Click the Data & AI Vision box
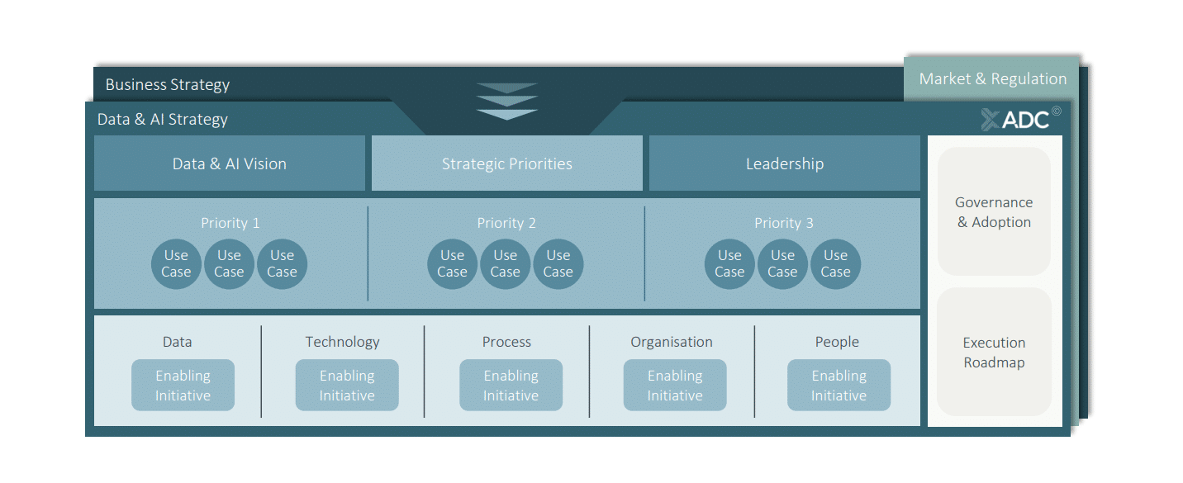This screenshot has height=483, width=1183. (230, 163)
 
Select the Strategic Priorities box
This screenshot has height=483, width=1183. (506, 163)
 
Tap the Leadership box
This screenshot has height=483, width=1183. (784, 163)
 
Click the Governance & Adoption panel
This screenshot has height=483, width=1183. (994, 212)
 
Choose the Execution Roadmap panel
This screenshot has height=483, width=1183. (994, 353)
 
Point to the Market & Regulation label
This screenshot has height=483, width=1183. (992, 79)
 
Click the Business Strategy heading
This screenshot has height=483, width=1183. (168, 85)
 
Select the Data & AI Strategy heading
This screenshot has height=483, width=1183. (163, 119)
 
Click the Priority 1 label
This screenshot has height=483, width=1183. (230, 223)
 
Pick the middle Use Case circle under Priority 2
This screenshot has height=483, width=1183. (505, 263)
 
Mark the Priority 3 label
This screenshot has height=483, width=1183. (783, 223)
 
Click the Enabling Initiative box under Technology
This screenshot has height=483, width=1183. (347, 386)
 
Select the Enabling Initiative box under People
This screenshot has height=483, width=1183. (839, 386)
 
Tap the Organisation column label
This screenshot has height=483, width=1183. (671, 342)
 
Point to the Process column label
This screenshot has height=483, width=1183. (506, 342)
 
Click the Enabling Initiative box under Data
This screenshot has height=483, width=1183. (183, 386)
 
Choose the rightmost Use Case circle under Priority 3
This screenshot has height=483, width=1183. (835, 263)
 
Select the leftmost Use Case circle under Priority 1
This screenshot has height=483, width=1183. (176, 263)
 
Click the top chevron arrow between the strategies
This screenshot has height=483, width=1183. (506, 88)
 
